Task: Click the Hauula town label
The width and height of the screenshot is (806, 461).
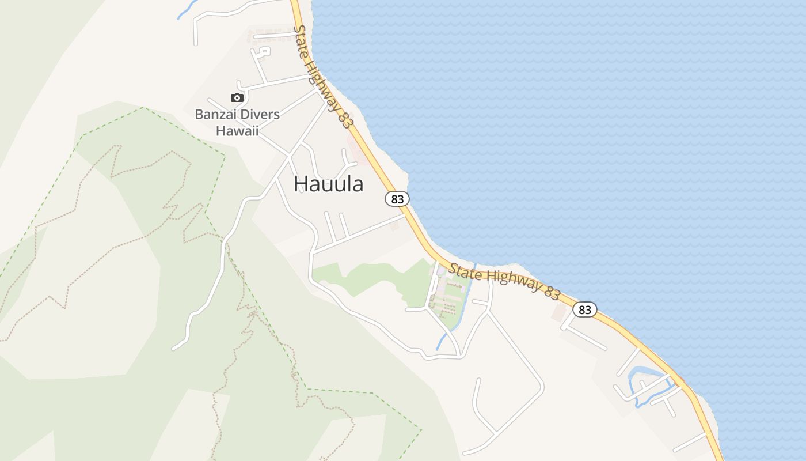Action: point(328,184)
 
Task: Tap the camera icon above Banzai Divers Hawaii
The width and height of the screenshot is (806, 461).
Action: point(237,97)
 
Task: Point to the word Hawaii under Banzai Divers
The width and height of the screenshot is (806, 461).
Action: point(237,130)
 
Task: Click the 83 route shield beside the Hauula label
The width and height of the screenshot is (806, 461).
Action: point(397,199)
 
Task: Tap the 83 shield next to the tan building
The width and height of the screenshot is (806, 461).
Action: point(584,309)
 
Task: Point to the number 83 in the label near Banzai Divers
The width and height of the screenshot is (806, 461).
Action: point(345,118)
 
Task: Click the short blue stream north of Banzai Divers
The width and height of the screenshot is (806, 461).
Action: point(185,10)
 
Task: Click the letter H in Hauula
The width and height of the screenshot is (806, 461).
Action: point(301,184)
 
